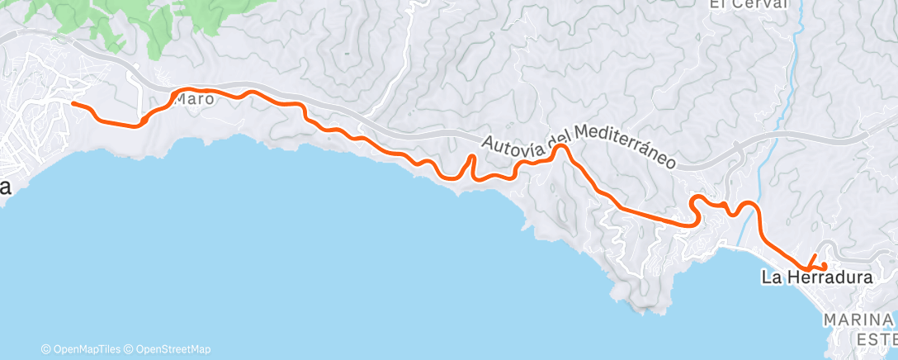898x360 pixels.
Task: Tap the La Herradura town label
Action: pos(816,278)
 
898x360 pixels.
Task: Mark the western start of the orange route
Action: pos(73,104)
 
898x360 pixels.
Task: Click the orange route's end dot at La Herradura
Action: pos(825,265)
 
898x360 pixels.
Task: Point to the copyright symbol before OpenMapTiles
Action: pos(46,349)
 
